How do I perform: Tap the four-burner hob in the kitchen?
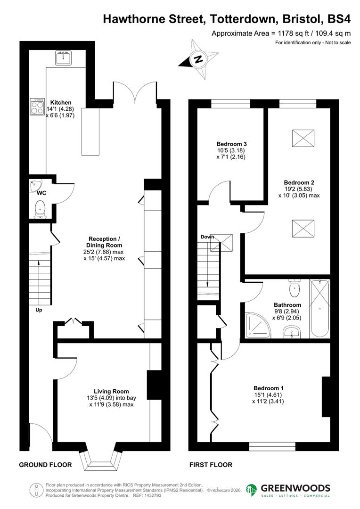point(37,107)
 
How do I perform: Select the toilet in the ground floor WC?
point(40,208)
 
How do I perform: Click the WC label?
point(41,192)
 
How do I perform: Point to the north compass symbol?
point(198,59)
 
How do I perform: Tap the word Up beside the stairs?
point(39,310)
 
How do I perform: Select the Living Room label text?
point(111,391)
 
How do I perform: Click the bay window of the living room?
point(99,458)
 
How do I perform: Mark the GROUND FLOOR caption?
point(45,465)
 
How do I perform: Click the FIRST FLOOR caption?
point(211,465)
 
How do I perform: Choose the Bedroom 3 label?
point(231,144)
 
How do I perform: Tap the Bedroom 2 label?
point(299,182)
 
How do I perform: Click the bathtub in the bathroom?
point(320,308)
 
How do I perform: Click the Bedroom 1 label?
point(269,388)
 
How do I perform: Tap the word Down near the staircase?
point(207,237)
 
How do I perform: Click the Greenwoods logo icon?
point(252,490)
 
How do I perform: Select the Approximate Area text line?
point(281,33)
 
